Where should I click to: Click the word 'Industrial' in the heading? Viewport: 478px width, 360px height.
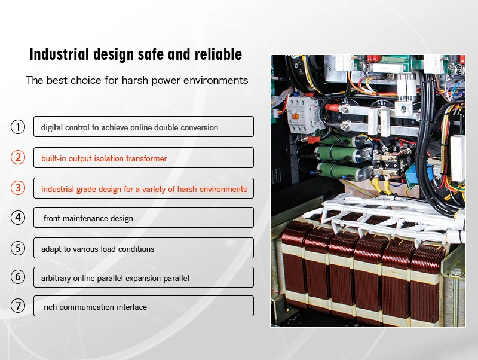pyautogui.click(x=59, y=54)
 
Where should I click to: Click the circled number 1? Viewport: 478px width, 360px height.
pyautogui.click(x=18, y=127)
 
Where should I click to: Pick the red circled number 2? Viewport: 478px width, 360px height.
pyautogui.click(x=18, y=157)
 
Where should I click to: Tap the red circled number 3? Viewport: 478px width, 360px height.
pyautogui.click(x=18, y=188)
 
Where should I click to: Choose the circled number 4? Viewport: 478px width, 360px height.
pyautogui.click(x=18, y=218)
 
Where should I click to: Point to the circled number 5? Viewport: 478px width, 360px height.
pyautogui.click(x=18, y=248)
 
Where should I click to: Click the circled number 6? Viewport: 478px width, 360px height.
pyautogui.click(x=18, y=277)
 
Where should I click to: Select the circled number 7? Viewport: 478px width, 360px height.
pyautogui.click(x=18, y=306)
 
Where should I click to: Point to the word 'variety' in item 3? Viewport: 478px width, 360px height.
pyautogui.click(x=154, y=189)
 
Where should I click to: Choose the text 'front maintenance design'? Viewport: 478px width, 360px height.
pyautogui.click(x=88, y=218)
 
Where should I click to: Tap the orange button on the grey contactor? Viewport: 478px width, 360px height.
pyautogui.click(x=295, y=116)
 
